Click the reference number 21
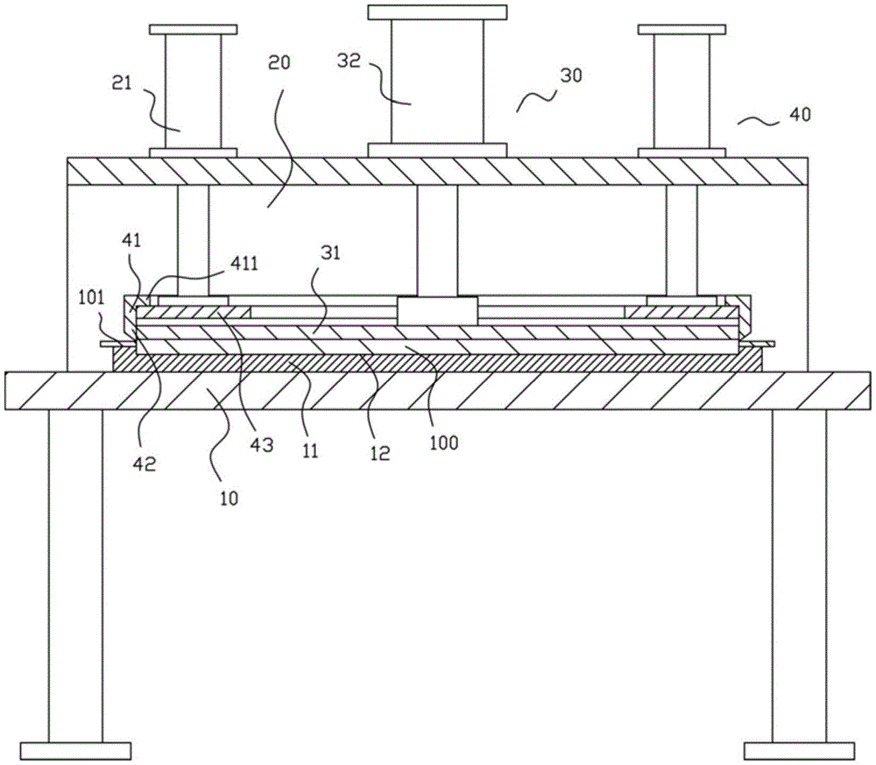pos(122,83)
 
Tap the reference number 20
pos(279,62)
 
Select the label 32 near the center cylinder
pos(350,60)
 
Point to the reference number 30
pos(571,74)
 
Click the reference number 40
pos(800,115)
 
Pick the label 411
pos(244,263)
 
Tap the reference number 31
pos(330,253)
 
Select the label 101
pos(91,297)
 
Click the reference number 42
pos(145,464)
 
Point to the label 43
pos(261,445)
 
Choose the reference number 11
pos(310,450)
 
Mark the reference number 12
pos(380,453)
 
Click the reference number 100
pos(443,443)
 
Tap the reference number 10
pos(229,498)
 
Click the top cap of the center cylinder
pos(437,12)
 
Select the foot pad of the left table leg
pos(75,750)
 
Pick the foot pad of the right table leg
pos(800,750)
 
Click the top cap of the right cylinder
pos(682,30)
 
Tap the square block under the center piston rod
pos(437,311)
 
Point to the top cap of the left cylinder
pos(194,30)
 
